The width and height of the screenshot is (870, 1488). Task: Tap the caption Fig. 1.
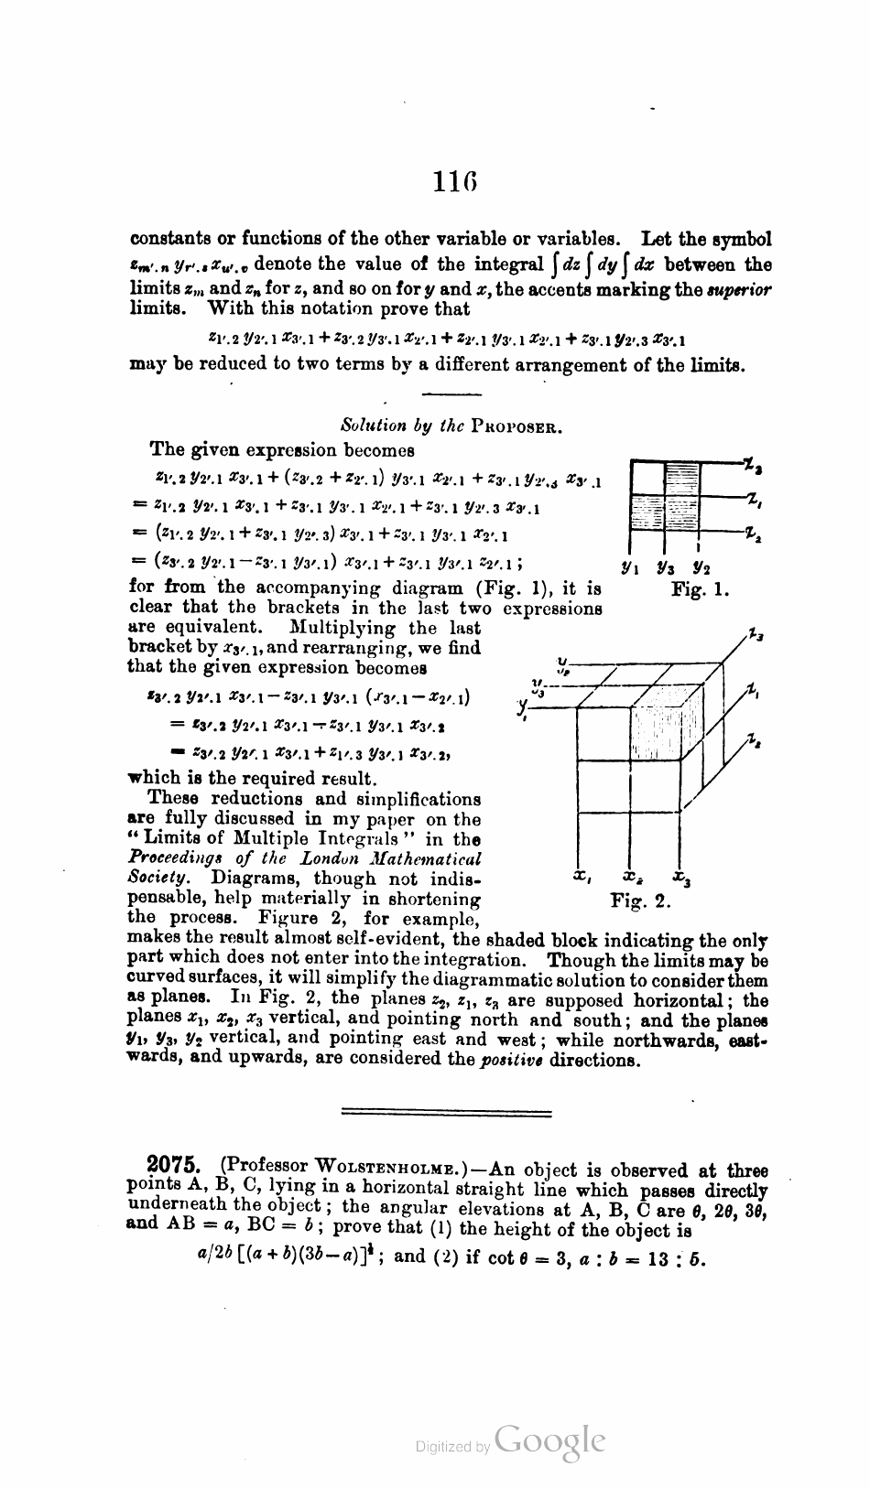pos(700,591)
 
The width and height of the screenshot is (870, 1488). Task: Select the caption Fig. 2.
pos(641,902)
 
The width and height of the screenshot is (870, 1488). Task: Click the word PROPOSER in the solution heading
pos(517,426)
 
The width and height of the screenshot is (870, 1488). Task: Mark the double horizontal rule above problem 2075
pos(446,1113)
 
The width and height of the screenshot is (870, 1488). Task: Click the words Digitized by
pos(451,1447)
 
